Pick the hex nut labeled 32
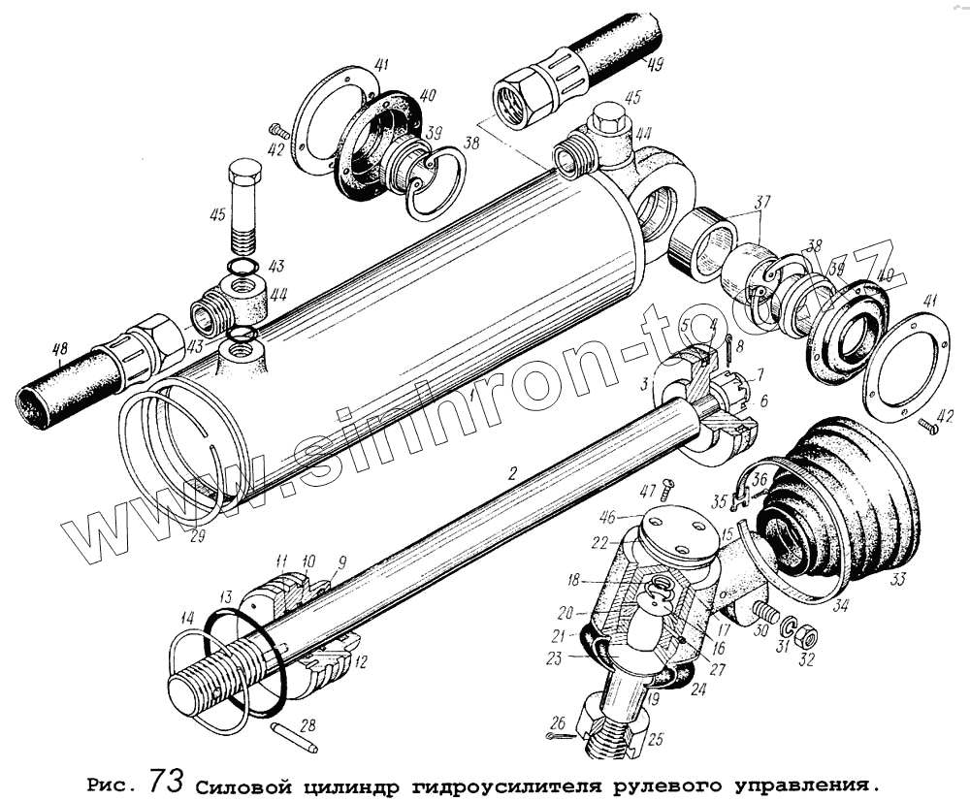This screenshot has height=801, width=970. coord(806,638)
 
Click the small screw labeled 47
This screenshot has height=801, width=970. coord(666,492)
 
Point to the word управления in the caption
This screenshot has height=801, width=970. coord(802,783)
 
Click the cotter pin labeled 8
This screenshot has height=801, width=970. coord(727,349)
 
